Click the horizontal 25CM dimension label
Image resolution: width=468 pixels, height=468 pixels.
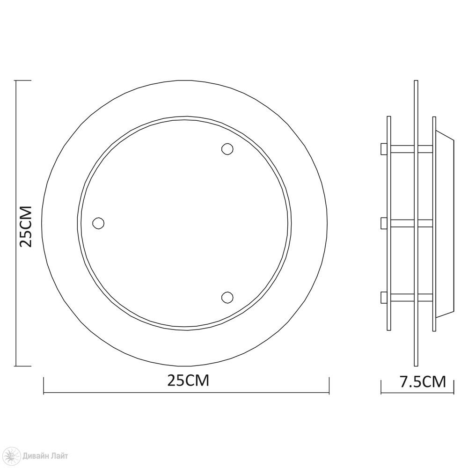[x=188, y=380]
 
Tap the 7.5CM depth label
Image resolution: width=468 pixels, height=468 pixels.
[x=423, y=382]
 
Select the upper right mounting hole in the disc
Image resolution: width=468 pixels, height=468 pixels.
[x=227, y=149]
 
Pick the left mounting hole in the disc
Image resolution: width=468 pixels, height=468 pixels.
[x=98, y=223]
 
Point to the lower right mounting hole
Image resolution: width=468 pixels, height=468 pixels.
[x=227, y=297]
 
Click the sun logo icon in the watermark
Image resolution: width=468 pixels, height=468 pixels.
[x=13, y=456]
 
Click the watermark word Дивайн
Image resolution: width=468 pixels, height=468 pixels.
[x=37, y=456]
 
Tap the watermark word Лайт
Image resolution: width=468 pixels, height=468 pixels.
[x=60, y=456]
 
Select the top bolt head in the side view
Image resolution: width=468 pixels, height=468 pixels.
[x=384, y=149]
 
